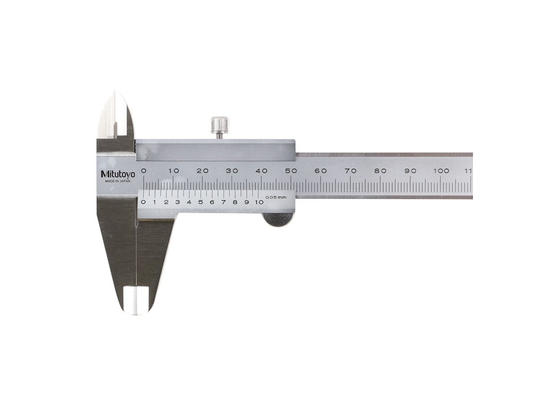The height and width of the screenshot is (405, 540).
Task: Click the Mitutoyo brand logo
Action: [118, 174]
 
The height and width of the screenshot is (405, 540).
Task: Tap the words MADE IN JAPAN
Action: [118, 181]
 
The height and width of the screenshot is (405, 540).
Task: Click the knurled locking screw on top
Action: [220, 127]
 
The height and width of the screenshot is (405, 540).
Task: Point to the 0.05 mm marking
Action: [275, 197]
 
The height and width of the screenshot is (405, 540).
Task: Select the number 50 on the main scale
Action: [291, 171]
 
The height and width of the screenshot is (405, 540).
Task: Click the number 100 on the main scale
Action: [441, 171]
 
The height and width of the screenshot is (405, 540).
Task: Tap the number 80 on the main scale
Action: [380, 171]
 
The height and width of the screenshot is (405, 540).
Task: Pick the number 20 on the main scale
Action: [202, 171]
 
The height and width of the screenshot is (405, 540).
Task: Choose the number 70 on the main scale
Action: [350, 171]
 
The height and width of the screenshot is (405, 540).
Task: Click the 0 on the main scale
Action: [144, 171]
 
